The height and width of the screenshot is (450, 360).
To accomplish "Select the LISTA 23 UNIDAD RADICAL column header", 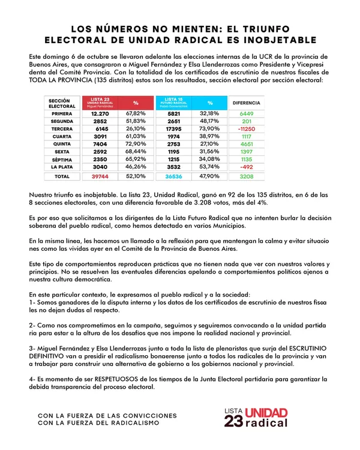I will tap(100, 102).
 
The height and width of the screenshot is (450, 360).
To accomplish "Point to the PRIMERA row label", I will tap(62, 113).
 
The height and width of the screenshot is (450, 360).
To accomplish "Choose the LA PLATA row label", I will tap(62, 167).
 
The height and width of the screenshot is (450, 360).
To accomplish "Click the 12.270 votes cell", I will tap(100, 113).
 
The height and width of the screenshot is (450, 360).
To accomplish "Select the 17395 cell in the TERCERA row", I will tap(174, 128).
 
